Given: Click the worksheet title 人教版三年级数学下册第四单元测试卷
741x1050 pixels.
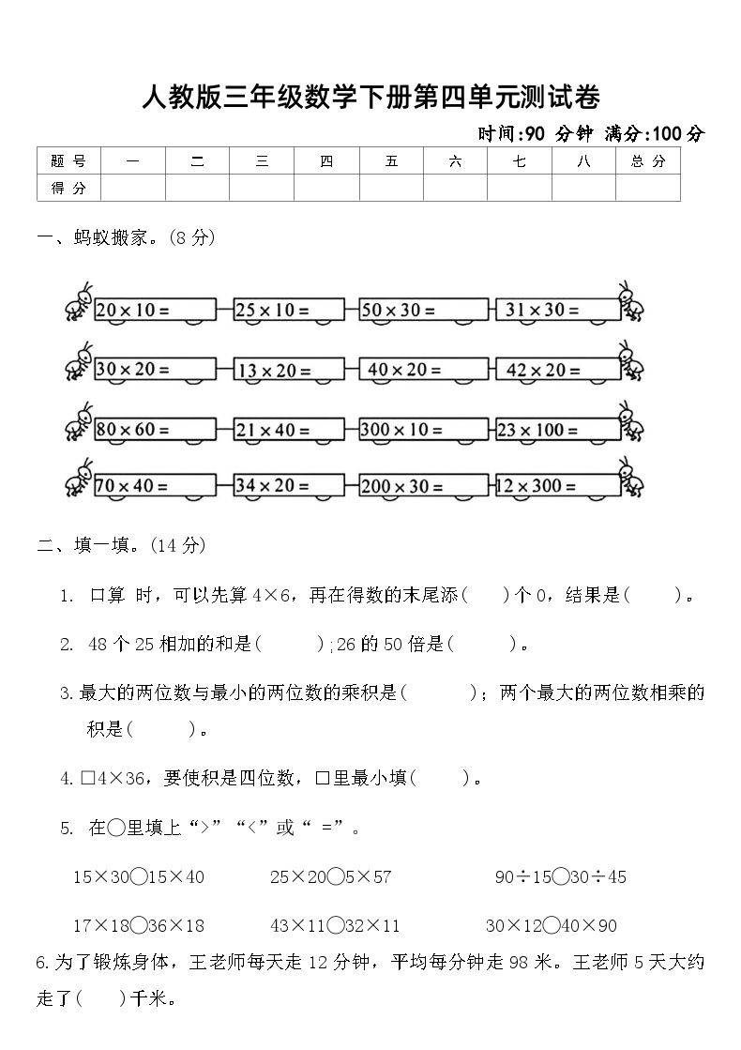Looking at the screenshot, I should pos(370,97).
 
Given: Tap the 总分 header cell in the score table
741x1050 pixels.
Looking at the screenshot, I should pos(647,161).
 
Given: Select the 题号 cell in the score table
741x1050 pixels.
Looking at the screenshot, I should pos(68,161).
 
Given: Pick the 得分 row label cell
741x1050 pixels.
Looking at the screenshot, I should pos(68,188).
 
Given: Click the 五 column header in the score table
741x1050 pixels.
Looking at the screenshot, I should pos(391,161).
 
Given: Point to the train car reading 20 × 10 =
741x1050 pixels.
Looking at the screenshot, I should pos(155,311).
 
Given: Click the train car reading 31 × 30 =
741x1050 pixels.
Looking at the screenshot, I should pos(556,311).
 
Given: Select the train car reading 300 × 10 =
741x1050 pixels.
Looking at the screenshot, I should pos(422,430).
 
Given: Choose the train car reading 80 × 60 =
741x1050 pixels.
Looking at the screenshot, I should pos(155,430).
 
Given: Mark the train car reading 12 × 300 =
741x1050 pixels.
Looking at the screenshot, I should pos(556,486).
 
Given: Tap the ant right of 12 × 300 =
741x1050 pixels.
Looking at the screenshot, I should pos(631,479).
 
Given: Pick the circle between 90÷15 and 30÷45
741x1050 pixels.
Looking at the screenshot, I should pos(561,877).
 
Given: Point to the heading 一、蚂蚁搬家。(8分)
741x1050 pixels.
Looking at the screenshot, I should pos(127,238).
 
